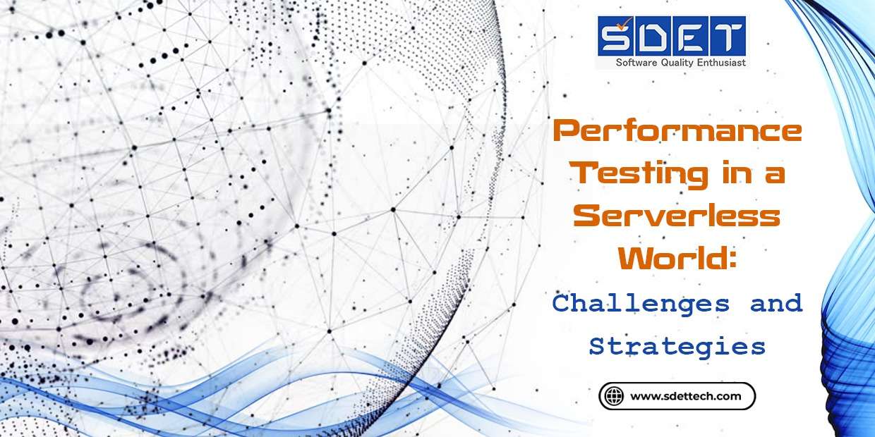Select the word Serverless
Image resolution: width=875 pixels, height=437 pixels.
(677, 216)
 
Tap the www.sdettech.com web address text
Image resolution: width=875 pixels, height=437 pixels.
(685, 396)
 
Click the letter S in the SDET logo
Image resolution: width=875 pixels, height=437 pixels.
(617, 37)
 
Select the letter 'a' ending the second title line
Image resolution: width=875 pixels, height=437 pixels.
(776, 176)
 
